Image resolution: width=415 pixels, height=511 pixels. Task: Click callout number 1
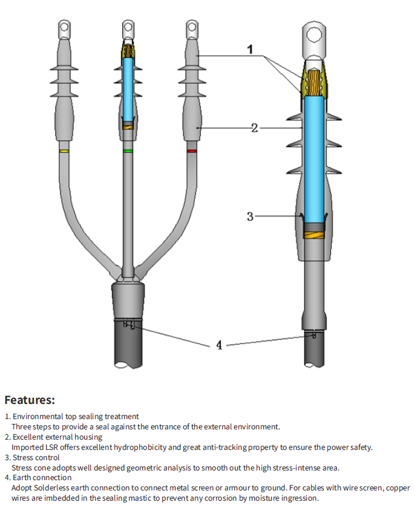[x=250, y=50]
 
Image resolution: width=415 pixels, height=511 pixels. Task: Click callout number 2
[x=255, y=128]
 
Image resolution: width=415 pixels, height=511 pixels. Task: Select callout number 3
[x=250, y=216]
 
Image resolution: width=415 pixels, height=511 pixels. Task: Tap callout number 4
[x=219, y=345]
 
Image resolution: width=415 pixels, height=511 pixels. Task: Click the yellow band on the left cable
[x=64, y=151]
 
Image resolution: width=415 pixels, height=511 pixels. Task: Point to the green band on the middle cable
[x=128, y=151]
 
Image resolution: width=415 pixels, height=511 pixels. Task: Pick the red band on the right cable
[x=192, y=151]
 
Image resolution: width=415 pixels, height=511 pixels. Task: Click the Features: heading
[x=30, y=400]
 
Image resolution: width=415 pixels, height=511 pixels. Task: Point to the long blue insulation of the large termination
[x=314, y=157]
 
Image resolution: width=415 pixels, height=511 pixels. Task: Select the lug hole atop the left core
[x=64, y=27]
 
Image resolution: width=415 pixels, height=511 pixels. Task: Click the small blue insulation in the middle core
[x=128, y=88]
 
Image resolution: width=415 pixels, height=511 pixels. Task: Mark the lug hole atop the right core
[x=192, y=27]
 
